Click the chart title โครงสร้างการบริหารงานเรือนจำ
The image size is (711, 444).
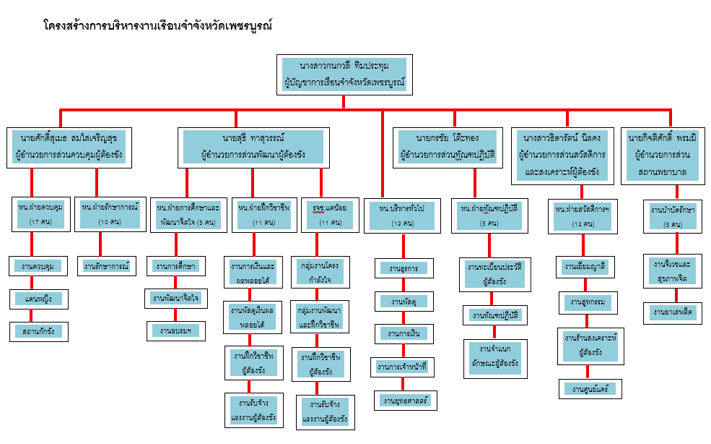click(x=157, y=27)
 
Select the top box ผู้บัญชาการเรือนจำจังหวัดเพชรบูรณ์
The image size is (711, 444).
click(x=343, y=74)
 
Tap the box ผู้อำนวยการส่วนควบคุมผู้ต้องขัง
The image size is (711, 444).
click(x=69, y=147)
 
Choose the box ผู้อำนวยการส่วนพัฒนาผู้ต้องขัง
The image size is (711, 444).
click(x=253, y=147)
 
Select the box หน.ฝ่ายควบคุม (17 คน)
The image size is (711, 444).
click(x=40, y=214)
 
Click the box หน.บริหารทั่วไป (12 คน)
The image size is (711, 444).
click(x=401, y=215)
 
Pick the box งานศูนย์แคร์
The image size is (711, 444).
click(x=590, y=388)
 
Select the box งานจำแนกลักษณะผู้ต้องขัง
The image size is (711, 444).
click(x=494, y=357)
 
